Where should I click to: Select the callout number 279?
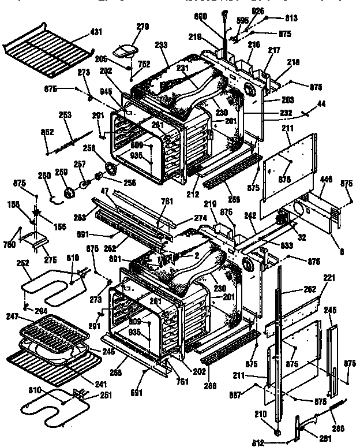(142, 26)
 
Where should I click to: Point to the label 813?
(291, 18)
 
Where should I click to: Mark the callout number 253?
(65, 115)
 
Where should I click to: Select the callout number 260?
(44, 176)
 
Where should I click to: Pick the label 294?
(39, 311)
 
